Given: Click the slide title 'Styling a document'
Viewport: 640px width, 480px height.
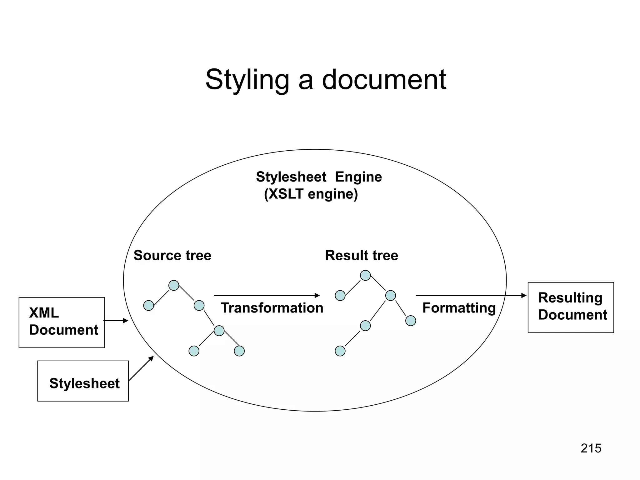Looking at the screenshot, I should click(326, 80).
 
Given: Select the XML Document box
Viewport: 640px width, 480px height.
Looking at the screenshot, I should click(62, 322).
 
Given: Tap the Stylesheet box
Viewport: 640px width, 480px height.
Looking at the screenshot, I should click(83, 381).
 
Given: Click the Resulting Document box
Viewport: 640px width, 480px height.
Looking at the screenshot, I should click(571, 307).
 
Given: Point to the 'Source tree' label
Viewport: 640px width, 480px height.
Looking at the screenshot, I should click(172, 255).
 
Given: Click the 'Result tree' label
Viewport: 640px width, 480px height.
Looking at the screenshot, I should click(362, 255).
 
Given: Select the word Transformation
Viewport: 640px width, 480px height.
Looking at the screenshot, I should click(272, 308).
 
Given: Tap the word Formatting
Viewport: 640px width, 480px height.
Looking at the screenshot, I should click(459, 308).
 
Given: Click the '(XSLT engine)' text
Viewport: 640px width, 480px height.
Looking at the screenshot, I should click(311, 194).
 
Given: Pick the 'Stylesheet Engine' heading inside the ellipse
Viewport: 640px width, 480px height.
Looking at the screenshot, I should click(319, 177).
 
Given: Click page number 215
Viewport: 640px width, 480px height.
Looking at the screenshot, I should click(591, 448).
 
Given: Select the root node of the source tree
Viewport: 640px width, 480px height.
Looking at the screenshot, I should click(174, 285).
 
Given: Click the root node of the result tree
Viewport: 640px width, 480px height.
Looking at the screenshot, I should click(365, 275).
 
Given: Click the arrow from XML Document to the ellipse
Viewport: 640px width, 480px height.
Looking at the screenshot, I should click(116, 321).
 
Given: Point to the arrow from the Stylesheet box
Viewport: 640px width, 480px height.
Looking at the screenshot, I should click(141, 368).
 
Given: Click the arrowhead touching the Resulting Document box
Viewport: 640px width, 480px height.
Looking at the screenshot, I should click(524, 295).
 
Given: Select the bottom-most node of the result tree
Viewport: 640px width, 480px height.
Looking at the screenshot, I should click(340, 351).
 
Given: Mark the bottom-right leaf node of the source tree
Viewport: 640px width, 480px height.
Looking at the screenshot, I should click(239, 351).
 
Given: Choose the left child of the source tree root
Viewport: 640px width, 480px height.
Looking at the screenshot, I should click(148, 305).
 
